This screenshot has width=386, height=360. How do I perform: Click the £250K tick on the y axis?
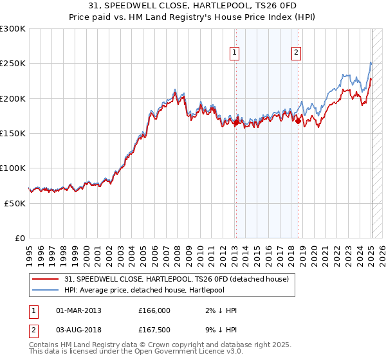(12, 64)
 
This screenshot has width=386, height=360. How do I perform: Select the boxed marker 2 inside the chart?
(297, 53)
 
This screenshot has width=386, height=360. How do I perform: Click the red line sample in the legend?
(46, 279)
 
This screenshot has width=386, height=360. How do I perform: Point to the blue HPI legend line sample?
(46, 290)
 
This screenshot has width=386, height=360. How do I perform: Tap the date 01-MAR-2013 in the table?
(78, 310)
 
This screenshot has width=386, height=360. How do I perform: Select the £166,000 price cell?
(154, 310)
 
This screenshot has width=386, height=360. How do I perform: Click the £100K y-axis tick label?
(12, 168)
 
